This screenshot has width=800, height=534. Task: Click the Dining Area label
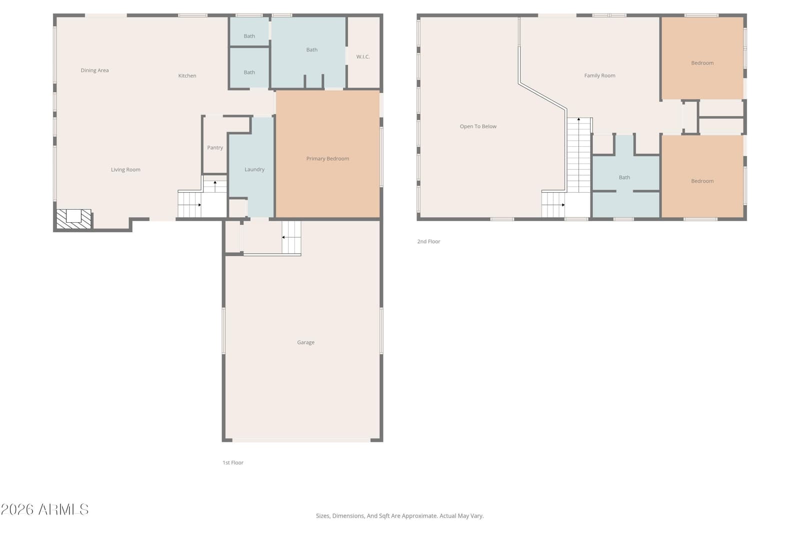click(x=94, y=71)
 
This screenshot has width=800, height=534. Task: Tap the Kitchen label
click(x=187, y=76)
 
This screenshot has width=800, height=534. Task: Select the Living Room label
click(x=125, y=170)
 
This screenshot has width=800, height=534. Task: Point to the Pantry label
click(x=215, y=148)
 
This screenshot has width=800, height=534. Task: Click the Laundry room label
click(x=254, y=170)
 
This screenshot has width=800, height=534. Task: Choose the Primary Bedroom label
click(x=327, y=159)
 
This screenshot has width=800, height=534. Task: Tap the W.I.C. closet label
click(x=363, y=57)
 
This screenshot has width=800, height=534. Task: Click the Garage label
click(x=305, y=342)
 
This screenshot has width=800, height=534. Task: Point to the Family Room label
click(x=599, y=76)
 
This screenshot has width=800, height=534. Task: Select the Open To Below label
click(x=478, y=127)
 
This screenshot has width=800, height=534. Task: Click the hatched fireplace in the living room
click(x=74, y=219)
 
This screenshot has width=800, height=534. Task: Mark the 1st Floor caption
click(x=233, y=462)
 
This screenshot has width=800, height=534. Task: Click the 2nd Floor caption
click(x=428, y=242)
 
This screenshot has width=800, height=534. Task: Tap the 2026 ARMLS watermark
click(x=44, y=509)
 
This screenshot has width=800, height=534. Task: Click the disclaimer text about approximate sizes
click(x=399, y=516)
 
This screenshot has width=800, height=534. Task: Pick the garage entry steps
click(x=291, y=237)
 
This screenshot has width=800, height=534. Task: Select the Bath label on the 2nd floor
click(x=624, y=178)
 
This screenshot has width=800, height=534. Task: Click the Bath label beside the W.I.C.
click(x=312, y=50)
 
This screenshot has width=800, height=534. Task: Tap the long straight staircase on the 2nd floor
click(x=578, y=155)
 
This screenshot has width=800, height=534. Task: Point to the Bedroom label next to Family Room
click(x=702, y=63)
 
